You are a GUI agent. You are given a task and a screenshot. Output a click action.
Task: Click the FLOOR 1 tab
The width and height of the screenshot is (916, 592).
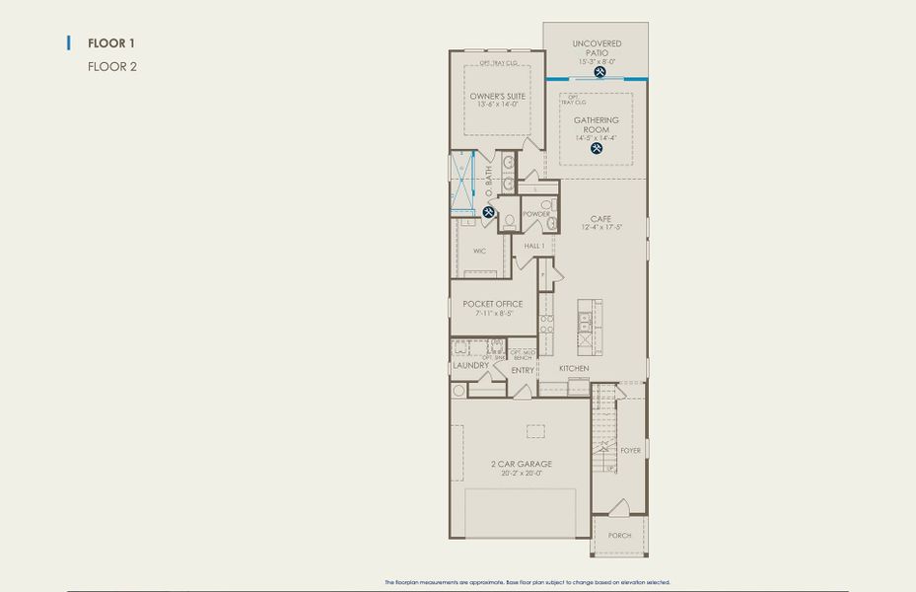[110, 43]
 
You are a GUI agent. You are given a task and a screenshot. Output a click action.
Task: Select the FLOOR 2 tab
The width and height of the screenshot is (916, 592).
[110, 67]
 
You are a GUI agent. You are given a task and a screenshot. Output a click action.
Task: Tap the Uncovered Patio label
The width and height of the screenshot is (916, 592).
[597, 48]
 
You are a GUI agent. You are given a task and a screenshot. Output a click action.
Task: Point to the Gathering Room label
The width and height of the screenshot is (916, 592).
[597, 124]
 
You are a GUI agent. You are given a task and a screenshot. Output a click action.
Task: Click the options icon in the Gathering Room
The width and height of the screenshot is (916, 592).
[597, 148]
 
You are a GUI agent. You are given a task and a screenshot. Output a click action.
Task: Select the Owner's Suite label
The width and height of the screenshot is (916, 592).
[497, 96]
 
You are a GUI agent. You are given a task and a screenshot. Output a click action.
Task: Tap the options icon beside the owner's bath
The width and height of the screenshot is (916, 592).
[488, 211]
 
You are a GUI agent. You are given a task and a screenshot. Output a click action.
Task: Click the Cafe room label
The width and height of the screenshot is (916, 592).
[600, 219]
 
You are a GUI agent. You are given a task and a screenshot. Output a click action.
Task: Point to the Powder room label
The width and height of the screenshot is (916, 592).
[536, 214]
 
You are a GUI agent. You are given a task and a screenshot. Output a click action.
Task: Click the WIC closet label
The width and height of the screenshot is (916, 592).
[479, 251]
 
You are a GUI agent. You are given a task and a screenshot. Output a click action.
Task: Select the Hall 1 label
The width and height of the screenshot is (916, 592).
[534, 246]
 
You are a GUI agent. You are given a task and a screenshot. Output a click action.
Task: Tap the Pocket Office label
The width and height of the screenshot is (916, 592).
[493, 304]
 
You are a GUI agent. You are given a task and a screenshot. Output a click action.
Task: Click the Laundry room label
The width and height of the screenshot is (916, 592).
[470, 365]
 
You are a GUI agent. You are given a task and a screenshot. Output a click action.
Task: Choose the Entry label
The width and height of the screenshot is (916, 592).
[523, 370]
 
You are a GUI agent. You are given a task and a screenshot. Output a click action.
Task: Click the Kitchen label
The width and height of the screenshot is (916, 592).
[574, 368]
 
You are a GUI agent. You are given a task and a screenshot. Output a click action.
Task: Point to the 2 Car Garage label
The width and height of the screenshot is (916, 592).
[521, 463]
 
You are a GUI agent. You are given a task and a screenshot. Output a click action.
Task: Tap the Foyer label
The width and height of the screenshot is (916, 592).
[630, 450]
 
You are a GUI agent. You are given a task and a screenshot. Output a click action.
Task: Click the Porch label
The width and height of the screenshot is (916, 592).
[620, 535]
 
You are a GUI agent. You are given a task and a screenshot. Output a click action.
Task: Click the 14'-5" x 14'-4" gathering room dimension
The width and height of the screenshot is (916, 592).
[597, 137]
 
